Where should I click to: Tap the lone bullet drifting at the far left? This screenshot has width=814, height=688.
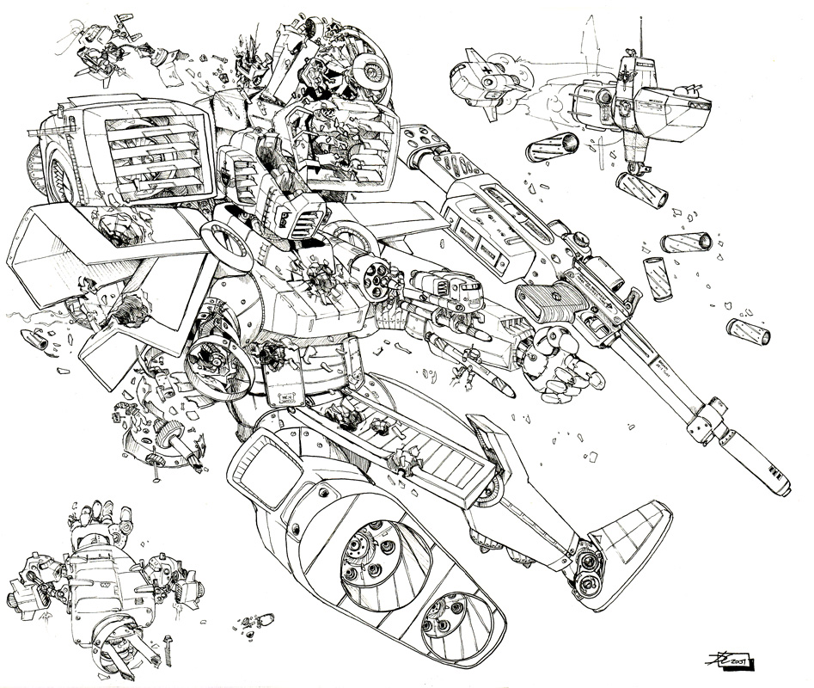tap(36, 342)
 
